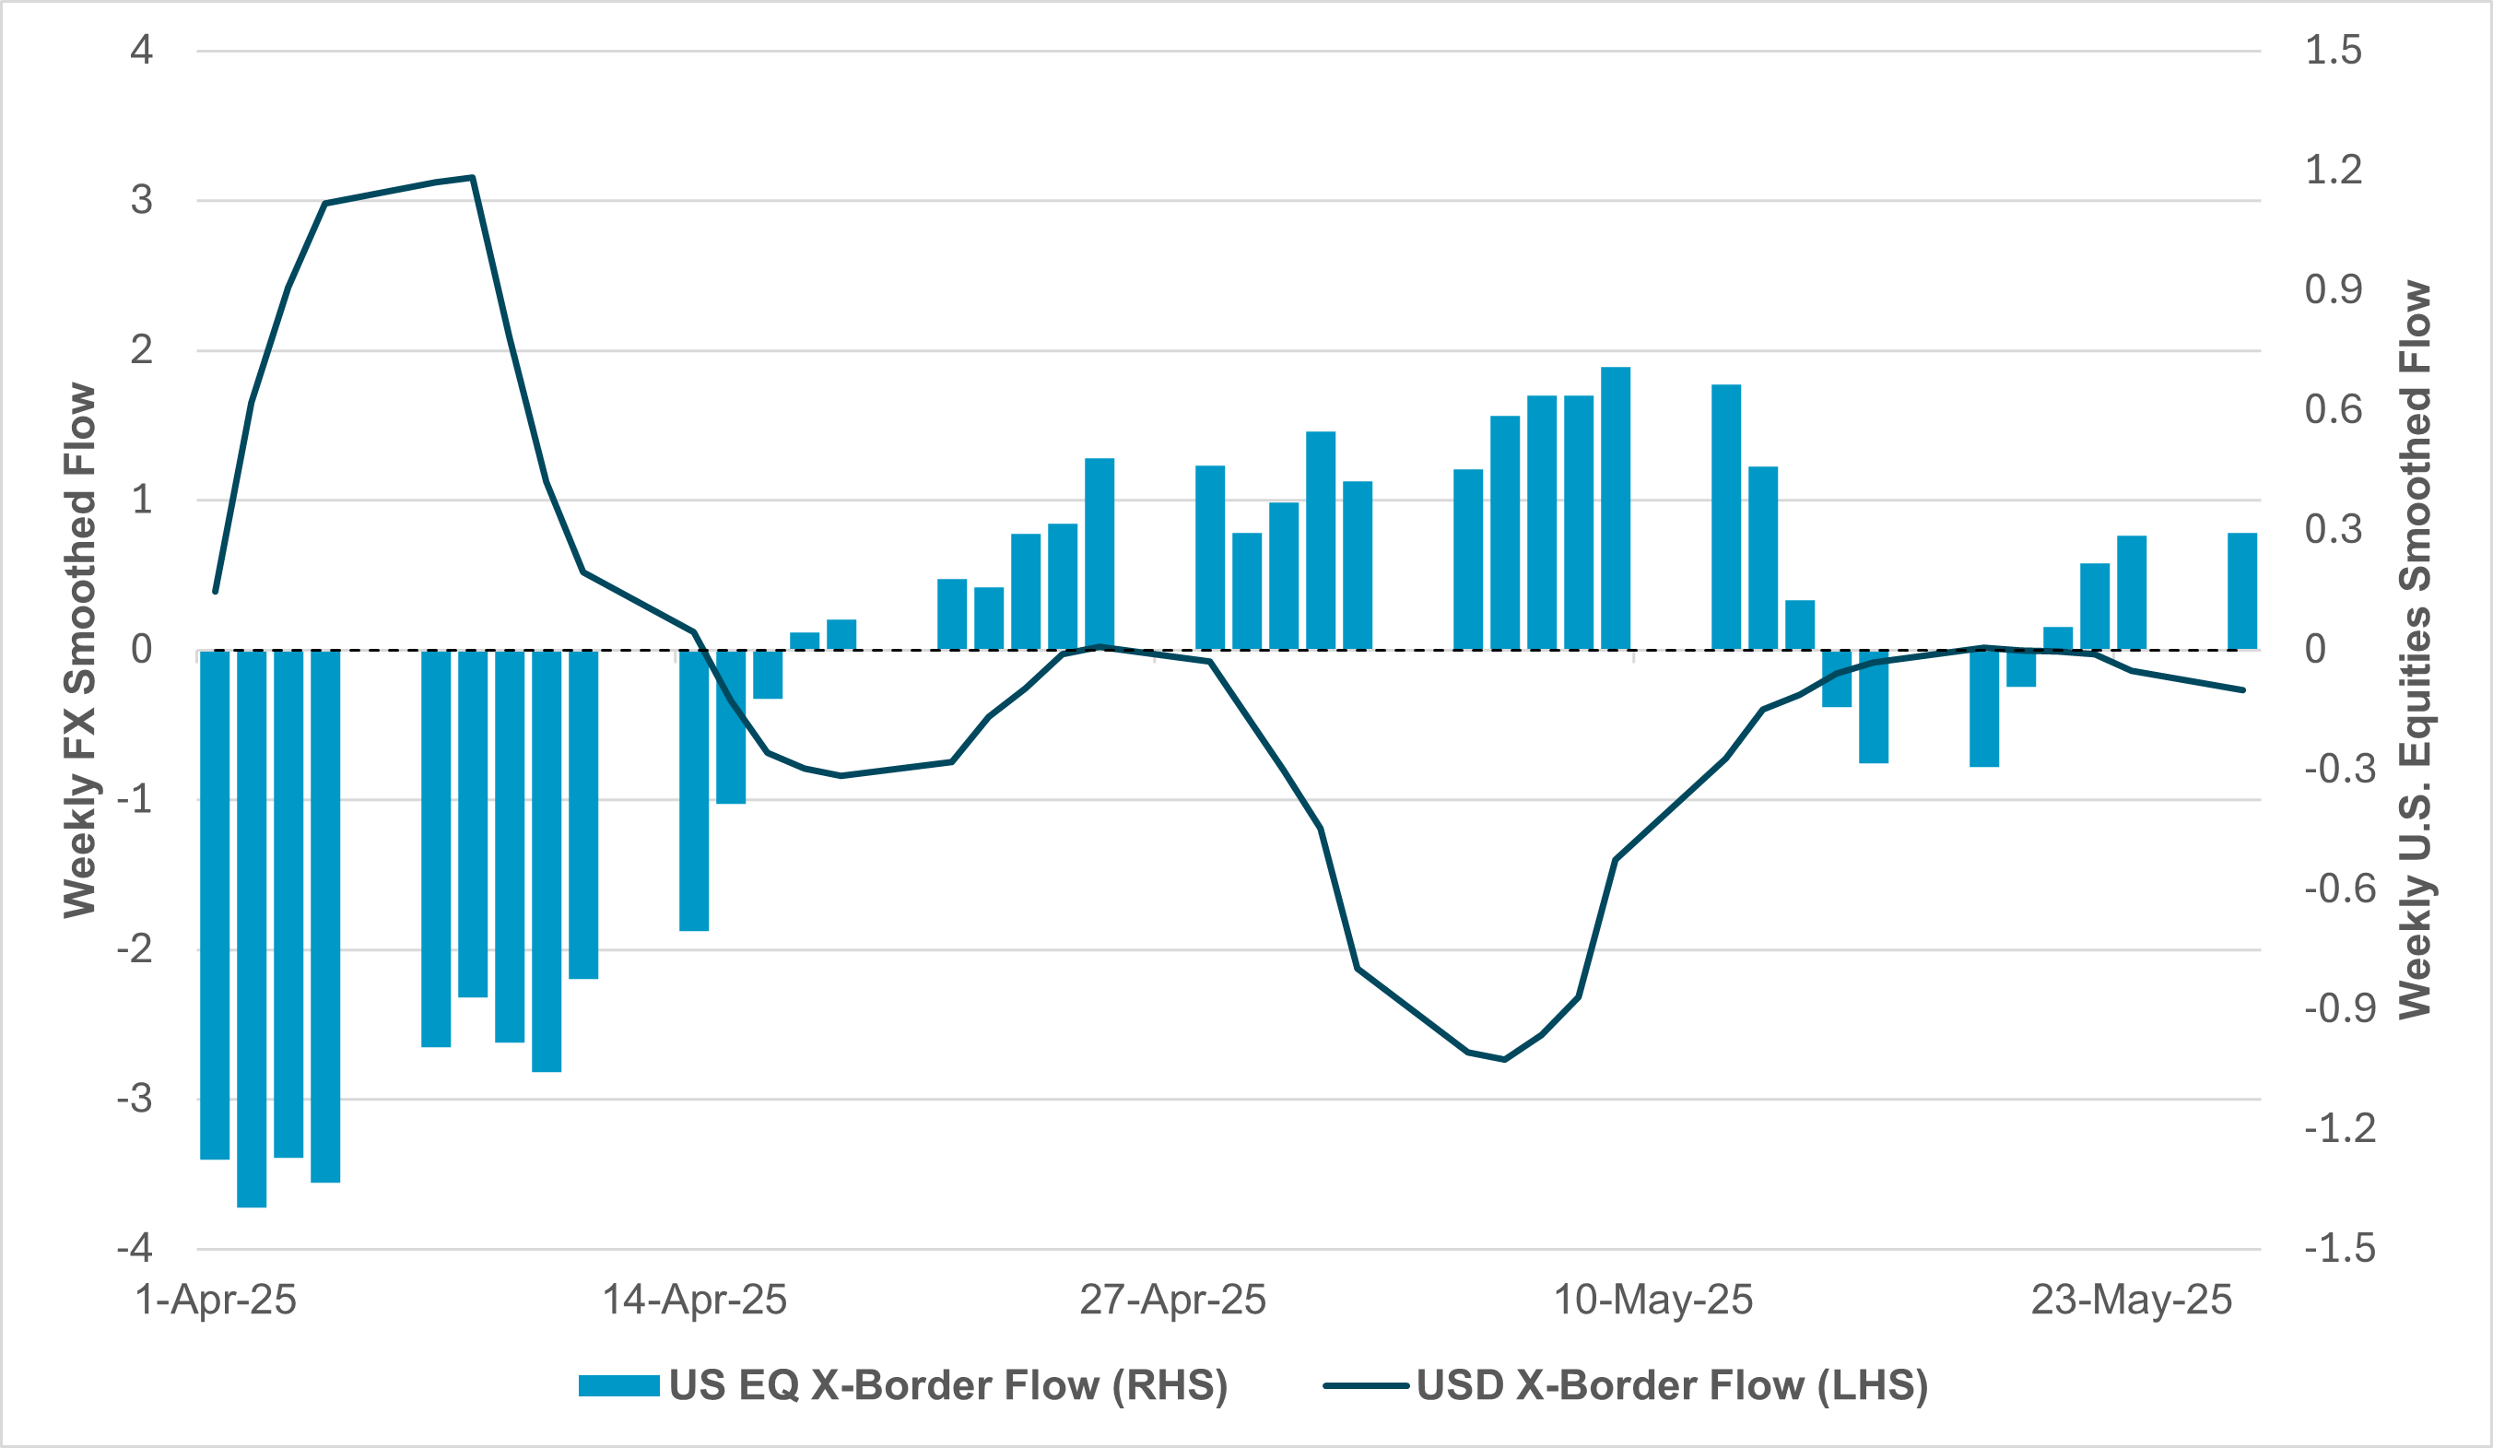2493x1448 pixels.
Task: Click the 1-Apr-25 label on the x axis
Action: tap(215, 1300)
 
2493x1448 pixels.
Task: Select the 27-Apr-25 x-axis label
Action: tap(1172, 1300)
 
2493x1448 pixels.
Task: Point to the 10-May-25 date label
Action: tap(1652, 1300)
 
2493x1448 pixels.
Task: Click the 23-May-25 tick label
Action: tap(2131, 1300)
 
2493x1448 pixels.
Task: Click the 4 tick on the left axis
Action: tap(141, 51)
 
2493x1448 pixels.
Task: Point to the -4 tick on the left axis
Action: tap(135, 1248)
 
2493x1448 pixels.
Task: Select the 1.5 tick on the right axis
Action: tap(2333, 51)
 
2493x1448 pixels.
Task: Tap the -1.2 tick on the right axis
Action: tap(2340, 1127)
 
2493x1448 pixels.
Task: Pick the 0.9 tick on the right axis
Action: tap(2333, 289)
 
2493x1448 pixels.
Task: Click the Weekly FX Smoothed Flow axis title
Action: tap(80, 650)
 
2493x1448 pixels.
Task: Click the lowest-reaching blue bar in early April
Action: tap(252, 930)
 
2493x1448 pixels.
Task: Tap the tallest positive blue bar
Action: tap(1616, 509)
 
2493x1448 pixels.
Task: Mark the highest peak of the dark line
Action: tap(473, 178)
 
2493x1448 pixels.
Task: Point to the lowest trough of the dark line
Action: tap(1504, 1059)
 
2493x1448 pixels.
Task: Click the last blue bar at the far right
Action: tap(2241, 592)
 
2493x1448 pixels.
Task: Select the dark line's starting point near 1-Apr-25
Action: tap(216, 592)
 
